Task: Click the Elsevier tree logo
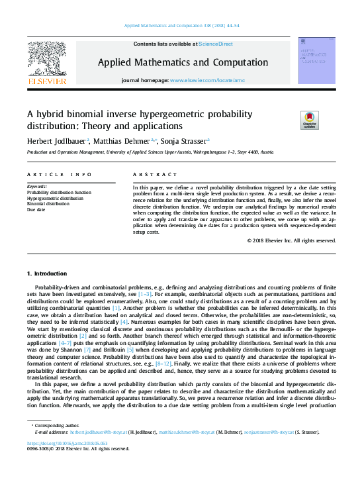click(46, 59)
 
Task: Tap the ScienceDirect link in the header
click(216, 44)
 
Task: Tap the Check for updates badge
click(309, 120)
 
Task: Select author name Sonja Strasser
click(186, 140)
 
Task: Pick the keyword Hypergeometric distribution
click(55, 198)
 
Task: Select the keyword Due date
click(36, 210)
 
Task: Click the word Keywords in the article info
click(37, 187)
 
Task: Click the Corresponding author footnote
click(54, 424)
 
